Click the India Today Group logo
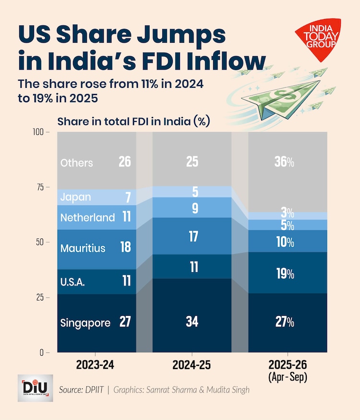tap(318, 38)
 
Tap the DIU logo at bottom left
tap(35, 387)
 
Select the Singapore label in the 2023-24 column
tap(85, 323)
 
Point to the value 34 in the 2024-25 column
tap(192, 322)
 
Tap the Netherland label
tap(87, 217)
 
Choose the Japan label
tap(75, 197)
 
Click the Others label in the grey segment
tap(76, 163)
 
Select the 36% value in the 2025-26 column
tap(285, 162)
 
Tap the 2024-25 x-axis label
tap(192, 365)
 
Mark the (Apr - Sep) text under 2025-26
tap(287, 377)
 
